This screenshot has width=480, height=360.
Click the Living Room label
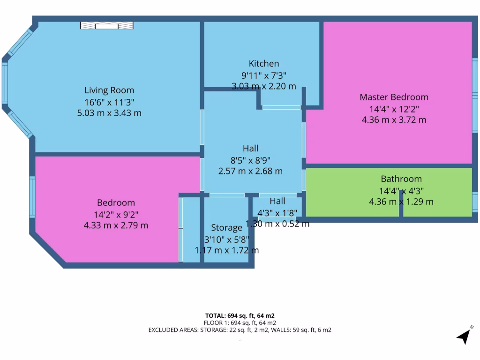tap(109, 90)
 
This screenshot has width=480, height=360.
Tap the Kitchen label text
tap(263, 64)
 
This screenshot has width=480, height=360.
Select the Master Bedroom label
tap(394, 97)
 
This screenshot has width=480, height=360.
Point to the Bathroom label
tap(401, 179)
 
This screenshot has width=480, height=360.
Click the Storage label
tap(226, 228)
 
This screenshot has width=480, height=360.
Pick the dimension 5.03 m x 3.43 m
tap(109, 113)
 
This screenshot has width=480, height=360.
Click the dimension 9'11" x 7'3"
tap(263, 75)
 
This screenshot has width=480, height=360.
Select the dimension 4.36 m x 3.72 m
tap(394, 120)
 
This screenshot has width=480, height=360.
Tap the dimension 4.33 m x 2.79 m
tap(116, 225)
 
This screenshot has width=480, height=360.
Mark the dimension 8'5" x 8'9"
tap(250, 160)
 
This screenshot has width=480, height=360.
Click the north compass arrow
tap(465, 335)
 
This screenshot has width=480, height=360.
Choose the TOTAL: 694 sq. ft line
tap(240, 315)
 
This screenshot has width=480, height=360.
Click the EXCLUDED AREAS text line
tap(240, 330)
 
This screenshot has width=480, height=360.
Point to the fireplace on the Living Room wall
tap(106, 25)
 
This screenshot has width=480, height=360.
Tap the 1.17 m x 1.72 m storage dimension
tap(226, 250)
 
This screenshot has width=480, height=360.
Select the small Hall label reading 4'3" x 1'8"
tap(277, 212)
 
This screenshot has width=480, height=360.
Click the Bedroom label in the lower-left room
tap(116, 203)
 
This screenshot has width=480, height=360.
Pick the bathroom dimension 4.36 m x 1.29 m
tap(401, 202)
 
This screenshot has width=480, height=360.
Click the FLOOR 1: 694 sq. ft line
tap(240, 323)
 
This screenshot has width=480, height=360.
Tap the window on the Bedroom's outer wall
tap(32, 197)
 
